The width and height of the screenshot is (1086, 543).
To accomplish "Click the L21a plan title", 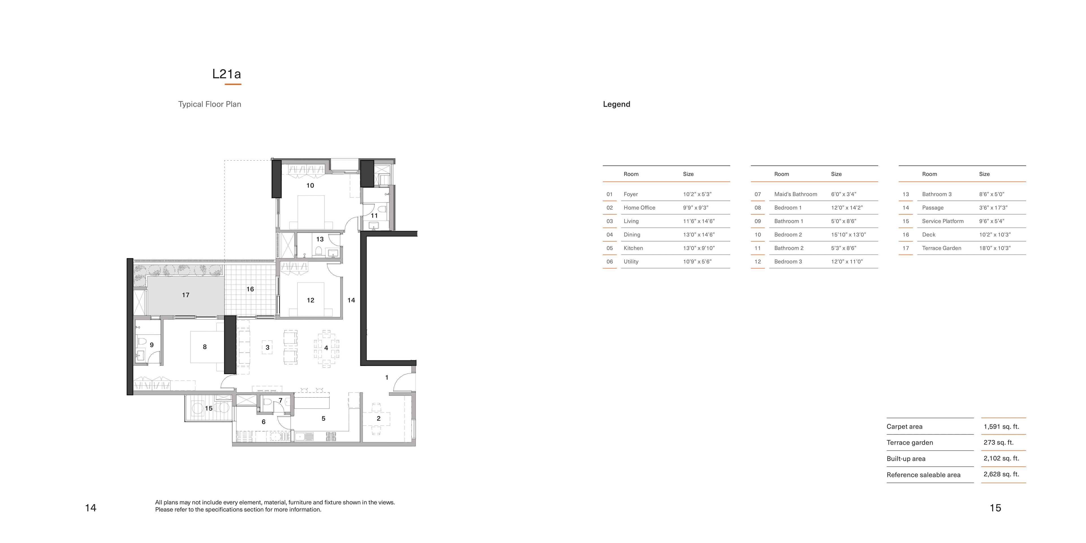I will coord(226,74).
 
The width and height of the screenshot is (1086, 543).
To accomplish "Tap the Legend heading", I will coord(616,104).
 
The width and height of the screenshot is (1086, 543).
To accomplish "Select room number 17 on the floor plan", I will coord(186,295).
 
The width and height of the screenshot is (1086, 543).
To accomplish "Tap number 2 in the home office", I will coord(378,419).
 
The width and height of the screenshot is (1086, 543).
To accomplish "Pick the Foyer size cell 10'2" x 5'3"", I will coord(697,194).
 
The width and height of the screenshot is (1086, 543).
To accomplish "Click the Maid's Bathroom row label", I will coord(795,194).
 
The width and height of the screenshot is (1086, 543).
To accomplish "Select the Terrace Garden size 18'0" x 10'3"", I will coord(995,248).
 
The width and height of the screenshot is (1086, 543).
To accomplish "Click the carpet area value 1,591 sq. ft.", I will coord(1001,427).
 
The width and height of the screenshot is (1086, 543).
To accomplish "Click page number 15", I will coord(995,508).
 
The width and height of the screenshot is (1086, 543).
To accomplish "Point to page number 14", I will coord(90,508).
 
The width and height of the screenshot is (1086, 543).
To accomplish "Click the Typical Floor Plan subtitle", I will coord(210,104).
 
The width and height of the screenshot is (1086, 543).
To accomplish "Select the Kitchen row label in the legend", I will coord(633,248).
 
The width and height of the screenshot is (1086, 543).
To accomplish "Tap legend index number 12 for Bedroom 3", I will coord(758,262).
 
